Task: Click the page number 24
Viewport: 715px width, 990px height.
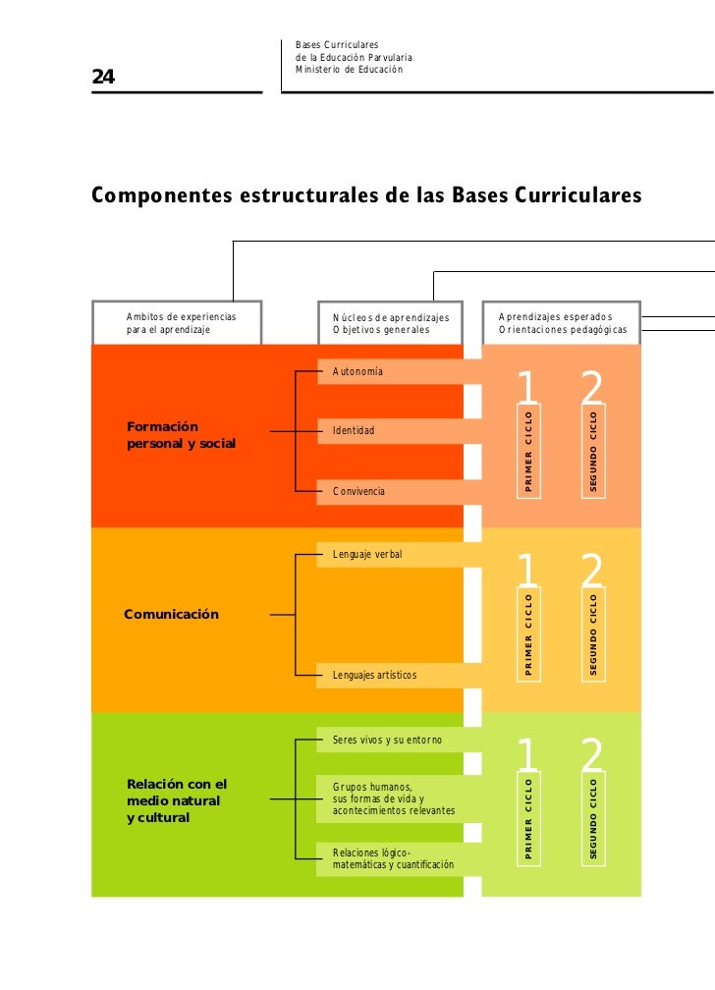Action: pyautogui.click(x=103, y=78)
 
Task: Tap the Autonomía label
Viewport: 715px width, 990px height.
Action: pyautogui.click(x=358, y=372)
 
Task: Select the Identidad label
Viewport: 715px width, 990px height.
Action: pyautogui.click(x=354, y=431)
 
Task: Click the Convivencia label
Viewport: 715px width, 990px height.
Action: pyautogui.click(x=358, y=491)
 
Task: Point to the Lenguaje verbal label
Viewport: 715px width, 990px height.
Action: pyautogui.click(x=367, y=555)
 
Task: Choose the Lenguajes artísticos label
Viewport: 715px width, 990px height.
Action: pyautogui.click(x=374, y=676)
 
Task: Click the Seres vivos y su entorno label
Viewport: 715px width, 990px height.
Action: pyautogui.click(x=387, y=740)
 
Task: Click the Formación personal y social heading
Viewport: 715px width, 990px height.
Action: pyautogui.click(x=182, y=435)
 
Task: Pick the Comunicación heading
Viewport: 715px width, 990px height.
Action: pyautogui.click(x=171, y=615)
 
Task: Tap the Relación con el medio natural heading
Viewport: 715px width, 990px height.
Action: pyautogui.click(x=177, y=800)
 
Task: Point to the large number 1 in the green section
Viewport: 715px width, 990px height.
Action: pyautogui.click(x=527, y=756)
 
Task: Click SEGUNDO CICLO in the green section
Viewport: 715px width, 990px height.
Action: pyautogui.click(x=593, y=818)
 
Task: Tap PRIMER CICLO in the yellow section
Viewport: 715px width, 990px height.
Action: pyautogui.click(x=528, y=633)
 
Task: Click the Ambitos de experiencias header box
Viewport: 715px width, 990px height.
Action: pyautogui.click(x=177, y=323)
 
